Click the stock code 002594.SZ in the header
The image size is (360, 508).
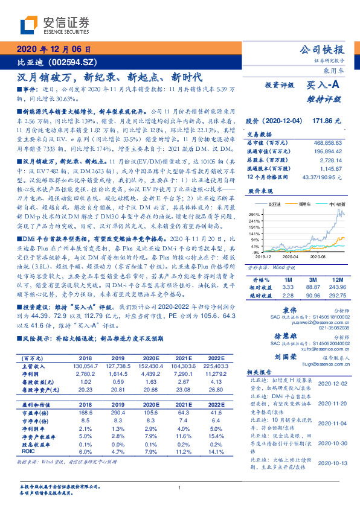click(x=68, y=62)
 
